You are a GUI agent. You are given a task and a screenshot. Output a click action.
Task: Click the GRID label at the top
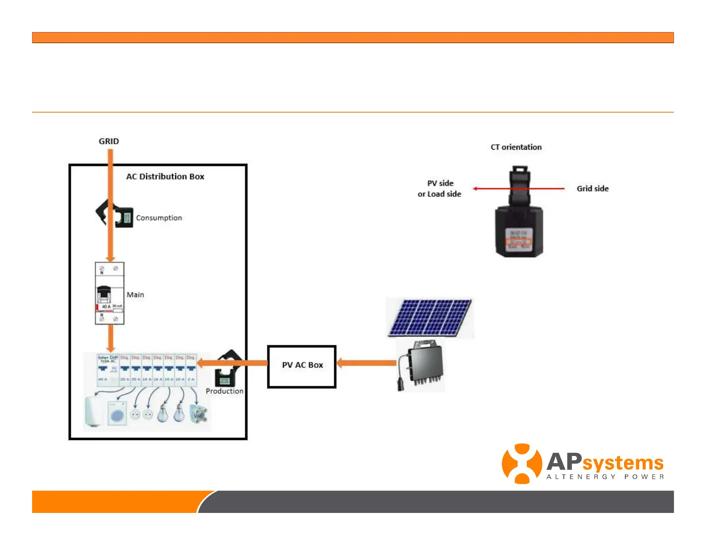coord(109,141)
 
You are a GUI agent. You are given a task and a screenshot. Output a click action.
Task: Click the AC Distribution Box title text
coord(165,176)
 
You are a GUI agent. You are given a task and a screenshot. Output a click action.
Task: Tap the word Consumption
coord(159,218)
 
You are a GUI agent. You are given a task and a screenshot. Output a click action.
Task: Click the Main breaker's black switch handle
coord(104,294)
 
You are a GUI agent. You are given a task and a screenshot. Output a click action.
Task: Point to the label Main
coord(135,295)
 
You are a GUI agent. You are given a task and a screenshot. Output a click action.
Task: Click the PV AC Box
coord(302,366)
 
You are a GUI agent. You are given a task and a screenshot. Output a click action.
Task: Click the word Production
coord(224,391)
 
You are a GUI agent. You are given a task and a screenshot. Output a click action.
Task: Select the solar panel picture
coord(430,318)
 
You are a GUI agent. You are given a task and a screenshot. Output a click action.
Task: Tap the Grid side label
coord(592,189)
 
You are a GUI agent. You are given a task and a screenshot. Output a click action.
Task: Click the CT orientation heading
coord(516,147)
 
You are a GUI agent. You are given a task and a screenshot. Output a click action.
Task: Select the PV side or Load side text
coord(439,189)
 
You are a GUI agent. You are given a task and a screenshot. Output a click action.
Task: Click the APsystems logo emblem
coord(521,464)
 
